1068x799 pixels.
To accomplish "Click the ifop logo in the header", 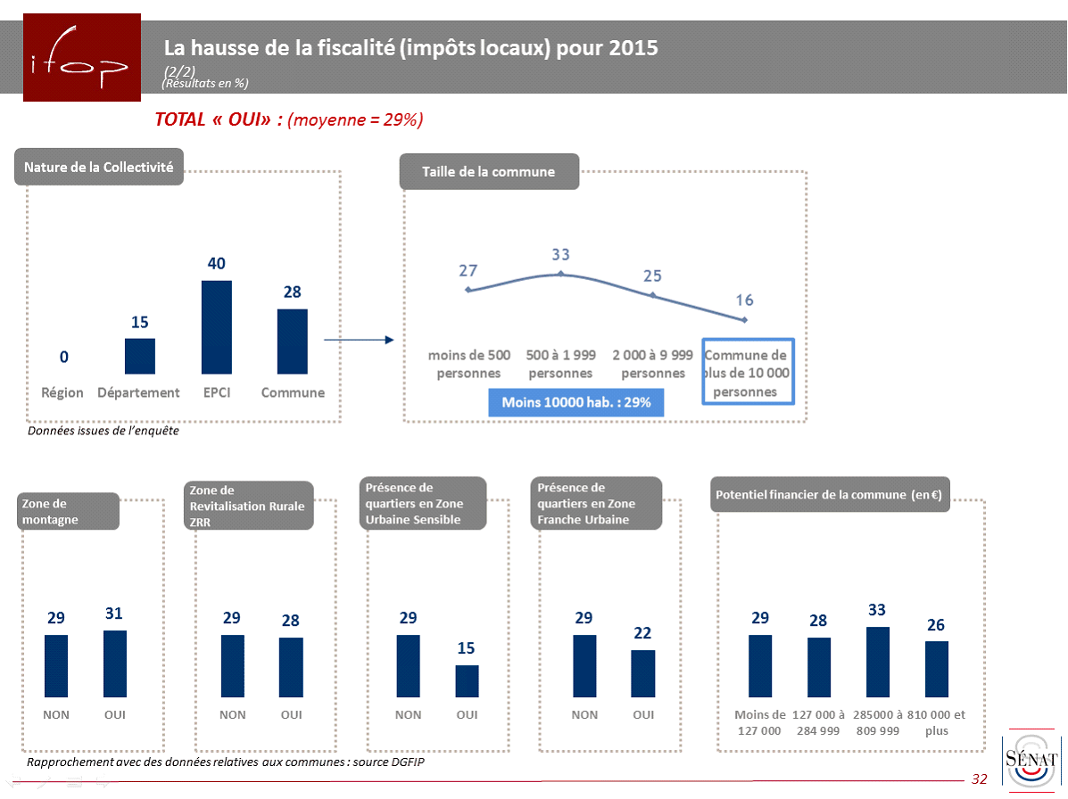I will (81, 58).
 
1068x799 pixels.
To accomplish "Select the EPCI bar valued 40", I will (217, 326).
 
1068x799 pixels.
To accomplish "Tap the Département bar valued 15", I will (140, 356).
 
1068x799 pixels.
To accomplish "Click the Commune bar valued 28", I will (293, 341).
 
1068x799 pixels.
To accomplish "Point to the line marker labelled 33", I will (560, 274).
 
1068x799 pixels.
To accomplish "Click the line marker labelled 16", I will (744, 320).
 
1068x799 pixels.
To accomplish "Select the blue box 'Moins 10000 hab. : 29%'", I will (576, 402).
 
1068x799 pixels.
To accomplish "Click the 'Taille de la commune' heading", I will (489, 171).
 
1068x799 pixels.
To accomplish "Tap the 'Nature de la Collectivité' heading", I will (99, 167).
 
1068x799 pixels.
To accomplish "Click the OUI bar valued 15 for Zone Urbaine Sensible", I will (468, 680).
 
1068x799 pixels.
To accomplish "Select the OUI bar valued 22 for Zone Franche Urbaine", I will (643, 673).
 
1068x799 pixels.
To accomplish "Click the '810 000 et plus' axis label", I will (936, 722).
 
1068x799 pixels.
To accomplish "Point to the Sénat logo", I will (1031, 758).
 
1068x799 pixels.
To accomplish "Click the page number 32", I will (980, 779).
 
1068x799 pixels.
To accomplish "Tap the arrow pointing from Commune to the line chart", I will (358, 340).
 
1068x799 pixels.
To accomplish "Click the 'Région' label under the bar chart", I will (62, 392).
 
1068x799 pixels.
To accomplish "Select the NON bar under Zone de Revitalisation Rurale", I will (233, 665).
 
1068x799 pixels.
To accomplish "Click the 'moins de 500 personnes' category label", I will (469, 364).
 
